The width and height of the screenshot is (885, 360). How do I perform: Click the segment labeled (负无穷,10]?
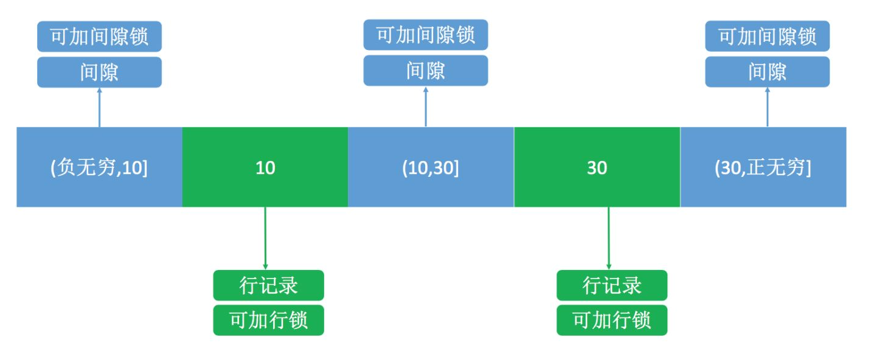99,167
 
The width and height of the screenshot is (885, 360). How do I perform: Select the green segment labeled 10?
265,167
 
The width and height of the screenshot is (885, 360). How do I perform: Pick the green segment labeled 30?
597,167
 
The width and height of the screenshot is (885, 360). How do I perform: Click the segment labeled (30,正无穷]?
763,167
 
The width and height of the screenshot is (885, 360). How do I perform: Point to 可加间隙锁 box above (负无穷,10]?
99,36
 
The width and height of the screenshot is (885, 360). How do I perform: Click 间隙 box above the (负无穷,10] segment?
99,72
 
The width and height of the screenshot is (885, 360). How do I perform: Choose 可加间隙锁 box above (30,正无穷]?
767,36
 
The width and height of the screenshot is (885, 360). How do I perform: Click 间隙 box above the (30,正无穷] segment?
767,72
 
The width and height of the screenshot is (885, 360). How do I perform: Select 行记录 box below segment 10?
268,285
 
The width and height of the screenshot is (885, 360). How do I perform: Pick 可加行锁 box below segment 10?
268,320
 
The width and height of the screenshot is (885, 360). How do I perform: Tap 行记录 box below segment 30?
611,285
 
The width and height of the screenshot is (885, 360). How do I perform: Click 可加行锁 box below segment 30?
611,320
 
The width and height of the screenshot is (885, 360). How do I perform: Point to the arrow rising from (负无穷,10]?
99,108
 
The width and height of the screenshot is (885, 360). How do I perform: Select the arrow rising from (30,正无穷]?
767,108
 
